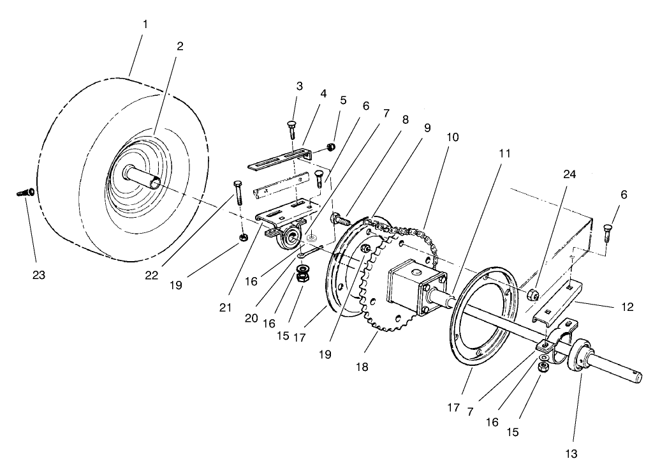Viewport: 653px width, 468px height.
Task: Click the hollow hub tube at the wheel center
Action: tap(144, 177)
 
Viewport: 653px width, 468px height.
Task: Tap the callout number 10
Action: tap(452, 137)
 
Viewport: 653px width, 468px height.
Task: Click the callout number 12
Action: tap(627, 307)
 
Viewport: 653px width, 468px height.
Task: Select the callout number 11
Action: tap(504, 154)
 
